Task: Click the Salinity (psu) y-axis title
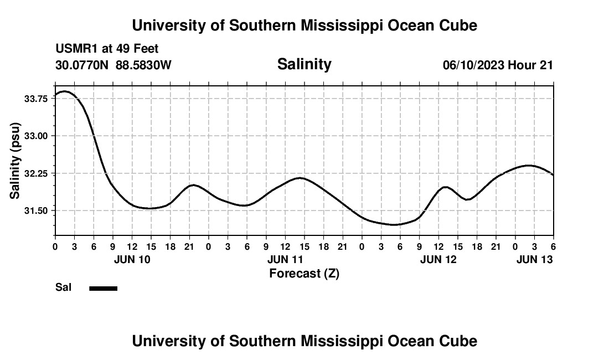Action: [15, 161]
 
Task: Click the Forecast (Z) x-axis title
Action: [304, 273]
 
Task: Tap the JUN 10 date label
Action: [132, 259]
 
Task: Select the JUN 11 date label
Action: [285, 259]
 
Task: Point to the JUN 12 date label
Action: [438, 259]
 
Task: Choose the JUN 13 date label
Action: [534, 259]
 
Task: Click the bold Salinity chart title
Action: [304, 64]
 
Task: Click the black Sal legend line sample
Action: [104, 288]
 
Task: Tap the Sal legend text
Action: [63, 287]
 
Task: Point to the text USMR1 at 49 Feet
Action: [107, 49]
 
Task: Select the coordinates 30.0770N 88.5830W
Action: [113, 65]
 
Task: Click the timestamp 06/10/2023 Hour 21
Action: [498, 65]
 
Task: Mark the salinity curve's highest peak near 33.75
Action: [64, 91]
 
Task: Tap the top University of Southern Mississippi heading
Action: [304, 25]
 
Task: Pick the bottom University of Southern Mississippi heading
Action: [304, 341]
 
